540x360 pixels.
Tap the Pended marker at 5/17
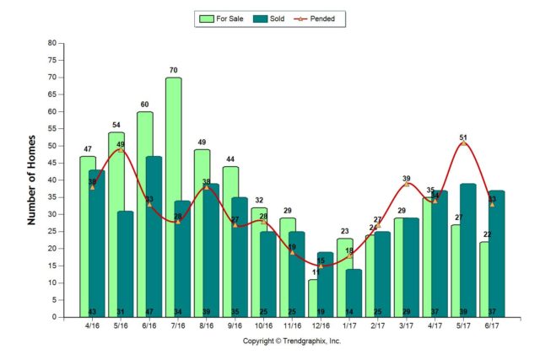tap(463, 142)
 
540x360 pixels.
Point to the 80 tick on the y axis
tap(52, 43)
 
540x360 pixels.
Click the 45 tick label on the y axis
tap(52, 163)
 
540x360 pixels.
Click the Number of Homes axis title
tap(32, 180)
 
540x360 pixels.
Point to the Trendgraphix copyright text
tap(292, 341)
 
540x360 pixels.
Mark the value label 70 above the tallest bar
tap(173, 70)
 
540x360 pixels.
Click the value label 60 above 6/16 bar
tap(144, 105)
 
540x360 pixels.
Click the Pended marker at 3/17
tap(407, 184)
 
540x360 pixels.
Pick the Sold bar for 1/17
tap(354, 293)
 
